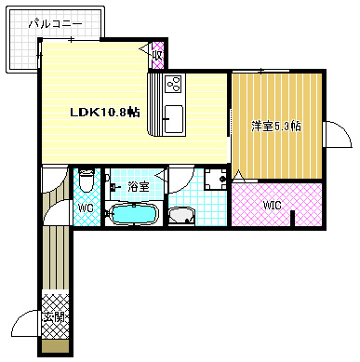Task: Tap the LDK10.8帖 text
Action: point(105,111)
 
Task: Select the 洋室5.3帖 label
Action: point(275,126)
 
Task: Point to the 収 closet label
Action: point(158,54)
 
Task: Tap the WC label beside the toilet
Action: point(85,208)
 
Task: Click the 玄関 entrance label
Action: point(54,318)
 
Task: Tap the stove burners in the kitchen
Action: point(173,86)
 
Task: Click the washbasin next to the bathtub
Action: point(181,217)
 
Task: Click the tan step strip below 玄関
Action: point(55,346)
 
